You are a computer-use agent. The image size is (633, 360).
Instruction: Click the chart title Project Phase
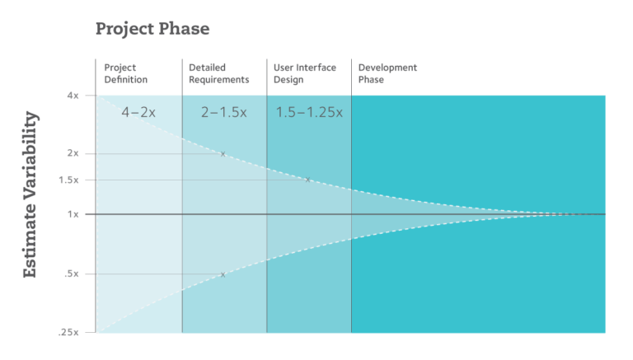coord(152,29)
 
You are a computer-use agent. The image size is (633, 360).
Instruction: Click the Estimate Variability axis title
coord(30,194)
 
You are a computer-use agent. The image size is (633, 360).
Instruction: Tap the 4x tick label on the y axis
coord(73,96)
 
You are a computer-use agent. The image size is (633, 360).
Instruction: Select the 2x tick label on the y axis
coord(73,154)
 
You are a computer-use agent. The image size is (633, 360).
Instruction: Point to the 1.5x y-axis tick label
coord(69,180)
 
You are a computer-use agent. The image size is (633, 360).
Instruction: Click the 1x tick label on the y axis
coord(73,214)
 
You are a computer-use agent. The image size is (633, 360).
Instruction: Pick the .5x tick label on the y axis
coord(71,274)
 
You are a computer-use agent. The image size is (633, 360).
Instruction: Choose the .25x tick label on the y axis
coord(68,333)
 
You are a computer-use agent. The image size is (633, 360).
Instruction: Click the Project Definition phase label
coord(125,73)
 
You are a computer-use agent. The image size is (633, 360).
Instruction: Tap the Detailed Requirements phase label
coord(218,73)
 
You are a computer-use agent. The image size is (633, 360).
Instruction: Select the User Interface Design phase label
coord(303,73)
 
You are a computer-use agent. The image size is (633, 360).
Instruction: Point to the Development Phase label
coord(387,73)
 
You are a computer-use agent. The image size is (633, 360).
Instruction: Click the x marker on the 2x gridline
coord(223,154)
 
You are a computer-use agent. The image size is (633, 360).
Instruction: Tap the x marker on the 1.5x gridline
coord(307,180)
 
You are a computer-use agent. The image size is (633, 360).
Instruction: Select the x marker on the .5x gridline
coord(223,274)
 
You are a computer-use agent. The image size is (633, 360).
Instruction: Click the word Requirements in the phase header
coord(218,80)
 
